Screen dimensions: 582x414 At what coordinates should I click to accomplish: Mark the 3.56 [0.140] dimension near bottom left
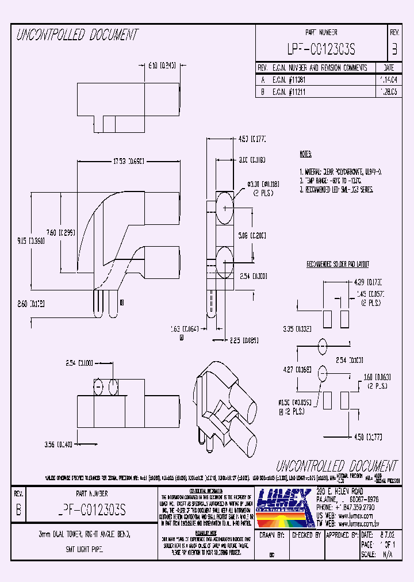[x=58, y=444]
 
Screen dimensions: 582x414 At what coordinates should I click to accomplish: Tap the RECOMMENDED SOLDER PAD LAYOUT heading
[x=338, y=264]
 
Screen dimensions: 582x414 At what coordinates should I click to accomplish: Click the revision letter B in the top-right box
[x=394, y=50]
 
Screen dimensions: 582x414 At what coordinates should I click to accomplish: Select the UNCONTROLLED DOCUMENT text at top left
[x=77, y=35]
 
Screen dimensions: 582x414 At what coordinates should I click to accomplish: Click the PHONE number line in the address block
[x=346, y=508]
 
